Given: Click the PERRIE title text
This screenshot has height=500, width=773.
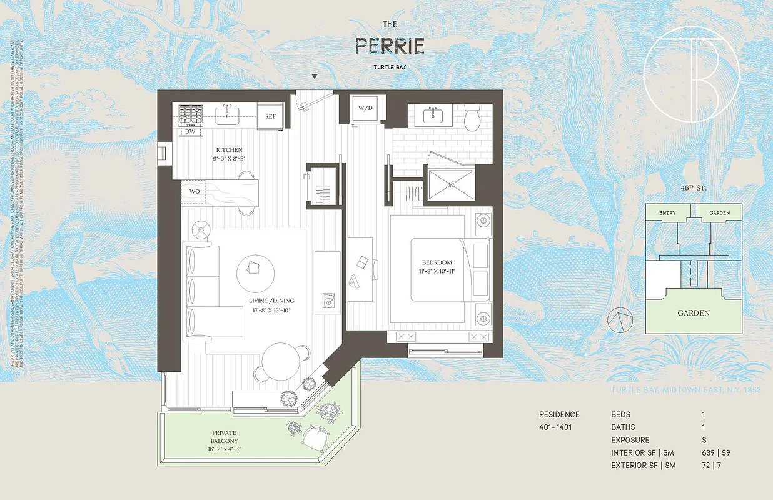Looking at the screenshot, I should (390, 46).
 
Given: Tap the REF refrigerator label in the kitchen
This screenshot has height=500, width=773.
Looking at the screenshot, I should (270, 116).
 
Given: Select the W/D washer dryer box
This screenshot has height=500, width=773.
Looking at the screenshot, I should (365, 108).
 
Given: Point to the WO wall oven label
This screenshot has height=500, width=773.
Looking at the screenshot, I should (195, 191).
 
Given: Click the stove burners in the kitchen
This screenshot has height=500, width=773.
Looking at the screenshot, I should (192, 114).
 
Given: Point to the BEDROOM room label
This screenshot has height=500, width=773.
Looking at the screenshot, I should (437, 262).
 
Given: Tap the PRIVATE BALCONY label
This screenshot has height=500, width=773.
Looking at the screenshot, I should (224, 436).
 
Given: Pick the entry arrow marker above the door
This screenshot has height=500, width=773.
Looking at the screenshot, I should (315, 77).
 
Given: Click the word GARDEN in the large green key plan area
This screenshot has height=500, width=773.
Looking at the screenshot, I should (694, 313).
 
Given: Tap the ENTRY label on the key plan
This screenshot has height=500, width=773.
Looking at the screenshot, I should (667, 213).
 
